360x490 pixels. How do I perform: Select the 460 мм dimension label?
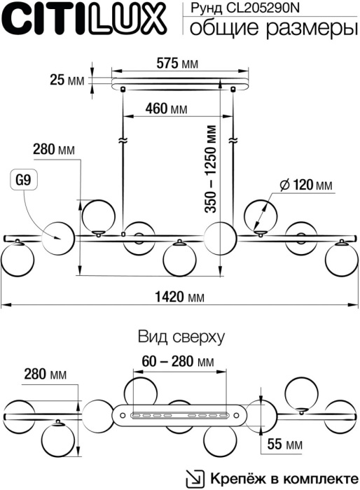[x=166, y=109]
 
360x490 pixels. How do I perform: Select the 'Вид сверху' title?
[x=181, y=336]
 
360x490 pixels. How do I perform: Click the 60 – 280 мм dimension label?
[x=176, y=362]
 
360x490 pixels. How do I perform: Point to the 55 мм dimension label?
[x=284, y=444]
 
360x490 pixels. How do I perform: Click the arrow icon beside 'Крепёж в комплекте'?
[x=193, y=479]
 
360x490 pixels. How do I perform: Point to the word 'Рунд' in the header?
[x=198, y=8]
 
